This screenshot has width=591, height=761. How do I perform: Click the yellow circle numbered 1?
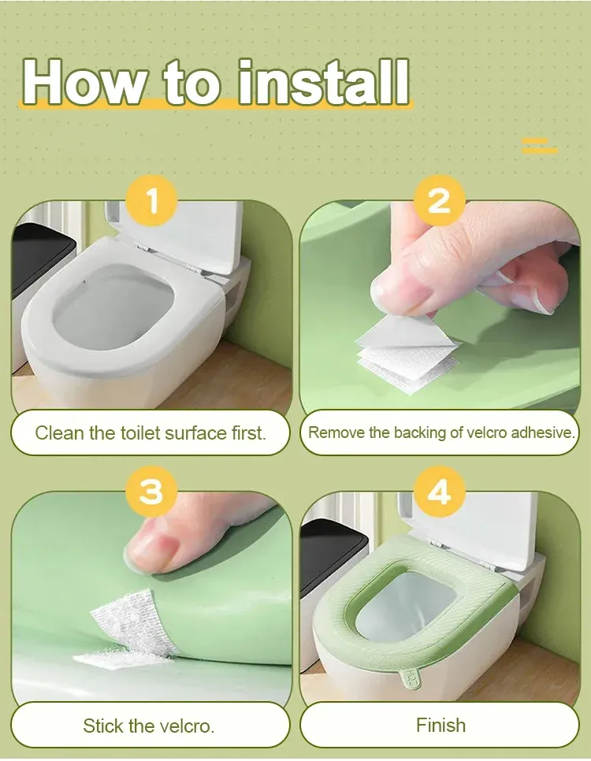coord(151,202)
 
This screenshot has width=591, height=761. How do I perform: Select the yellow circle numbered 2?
coord(439,202)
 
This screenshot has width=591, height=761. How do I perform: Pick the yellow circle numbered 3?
coord(151,492)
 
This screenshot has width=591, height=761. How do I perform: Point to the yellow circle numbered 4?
coord(439,492)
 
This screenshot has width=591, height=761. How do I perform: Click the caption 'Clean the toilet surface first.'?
coord(151,432)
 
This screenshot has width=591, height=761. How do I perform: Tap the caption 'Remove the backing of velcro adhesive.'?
coord(441,432)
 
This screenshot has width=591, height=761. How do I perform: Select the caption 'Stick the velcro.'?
coord(149,725)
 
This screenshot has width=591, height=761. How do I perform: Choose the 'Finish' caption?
coord(440,725)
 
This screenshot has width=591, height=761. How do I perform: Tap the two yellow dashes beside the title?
coord(539,145)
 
